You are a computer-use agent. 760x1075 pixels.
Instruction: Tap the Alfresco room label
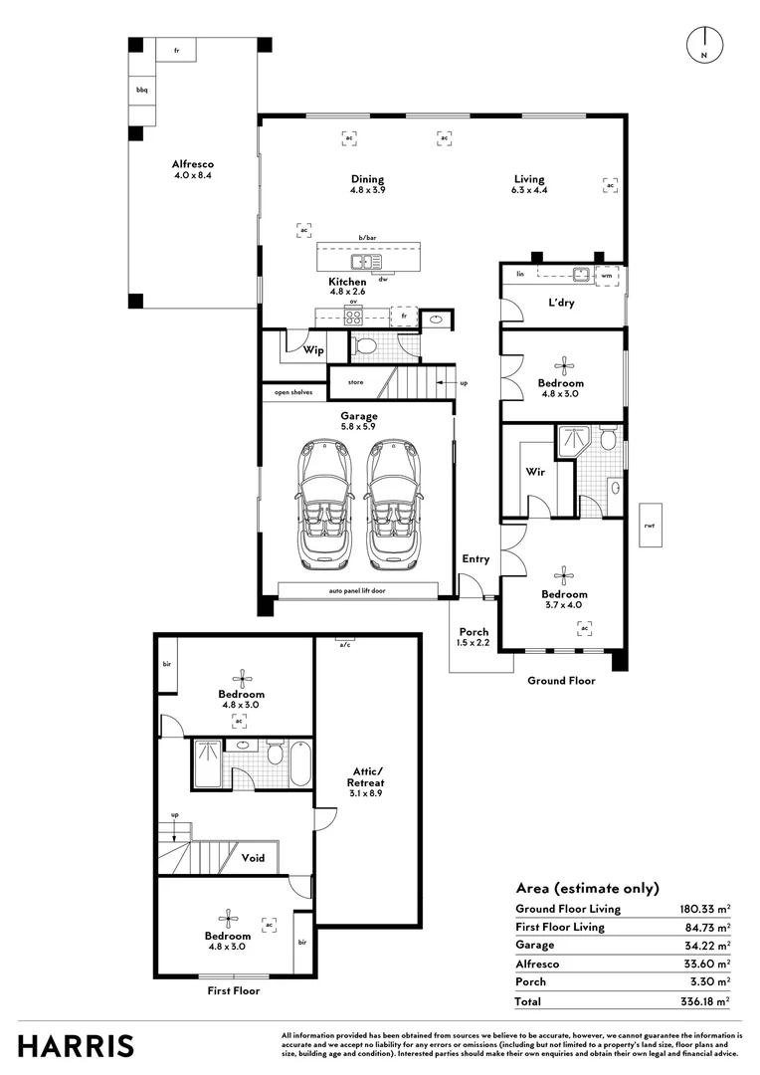192,169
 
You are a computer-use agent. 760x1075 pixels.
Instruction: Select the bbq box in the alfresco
142,90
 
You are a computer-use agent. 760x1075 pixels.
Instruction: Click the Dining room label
367,184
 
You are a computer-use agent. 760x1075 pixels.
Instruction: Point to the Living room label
528,184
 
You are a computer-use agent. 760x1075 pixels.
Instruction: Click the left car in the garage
323,505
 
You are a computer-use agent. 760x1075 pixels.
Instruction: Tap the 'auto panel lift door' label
358,591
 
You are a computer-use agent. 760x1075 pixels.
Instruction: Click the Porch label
474,637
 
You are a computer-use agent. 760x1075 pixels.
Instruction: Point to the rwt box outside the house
649,525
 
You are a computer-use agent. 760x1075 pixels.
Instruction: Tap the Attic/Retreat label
366,775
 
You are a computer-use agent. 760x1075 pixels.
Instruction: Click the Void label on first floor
253,857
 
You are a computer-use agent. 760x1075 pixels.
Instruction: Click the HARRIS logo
76,1045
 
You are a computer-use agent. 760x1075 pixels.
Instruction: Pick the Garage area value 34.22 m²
704,946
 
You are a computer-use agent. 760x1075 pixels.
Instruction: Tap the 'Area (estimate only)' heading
587,888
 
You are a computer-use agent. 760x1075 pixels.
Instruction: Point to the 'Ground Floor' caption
561,681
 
